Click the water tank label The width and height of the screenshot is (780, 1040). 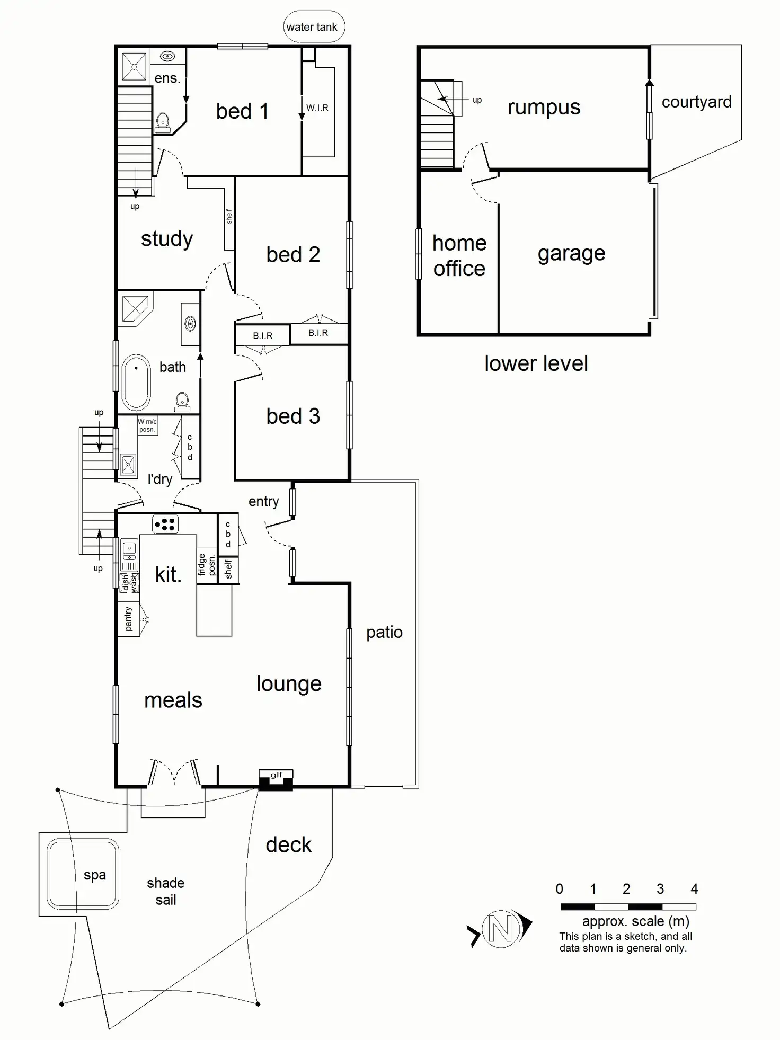tap(312, 27)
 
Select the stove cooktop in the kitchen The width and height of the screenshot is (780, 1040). tap(165, 524)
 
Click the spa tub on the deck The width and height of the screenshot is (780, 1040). tap(83, 874)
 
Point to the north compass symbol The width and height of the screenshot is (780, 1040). tap(501, 929)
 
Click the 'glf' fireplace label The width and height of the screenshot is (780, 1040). tap(276, 775)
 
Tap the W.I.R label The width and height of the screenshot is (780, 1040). tap(317, 108)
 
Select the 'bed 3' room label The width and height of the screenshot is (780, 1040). tap(293, 416)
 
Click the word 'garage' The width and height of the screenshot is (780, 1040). tap(571, 254)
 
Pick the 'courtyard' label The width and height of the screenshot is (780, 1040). tap(696, 102)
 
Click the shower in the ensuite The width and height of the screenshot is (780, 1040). tap(134, 67)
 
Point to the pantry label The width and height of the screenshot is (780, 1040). tap(128, 619)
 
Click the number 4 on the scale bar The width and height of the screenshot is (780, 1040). tap(694, 888)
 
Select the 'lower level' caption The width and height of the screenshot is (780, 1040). tap(536, 364)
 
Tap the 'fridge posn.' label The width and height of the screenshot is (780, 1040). tap(207, 565)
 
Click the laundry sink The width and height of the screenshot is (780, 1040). tap(128, 465)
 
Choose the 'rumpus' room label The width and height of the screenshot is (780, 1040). tap(544, 108)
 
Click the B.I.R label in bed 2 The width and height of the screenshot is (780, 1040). tap(318, 333)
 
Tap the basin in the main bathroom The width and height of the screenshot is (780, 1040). tap(190, 323)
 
